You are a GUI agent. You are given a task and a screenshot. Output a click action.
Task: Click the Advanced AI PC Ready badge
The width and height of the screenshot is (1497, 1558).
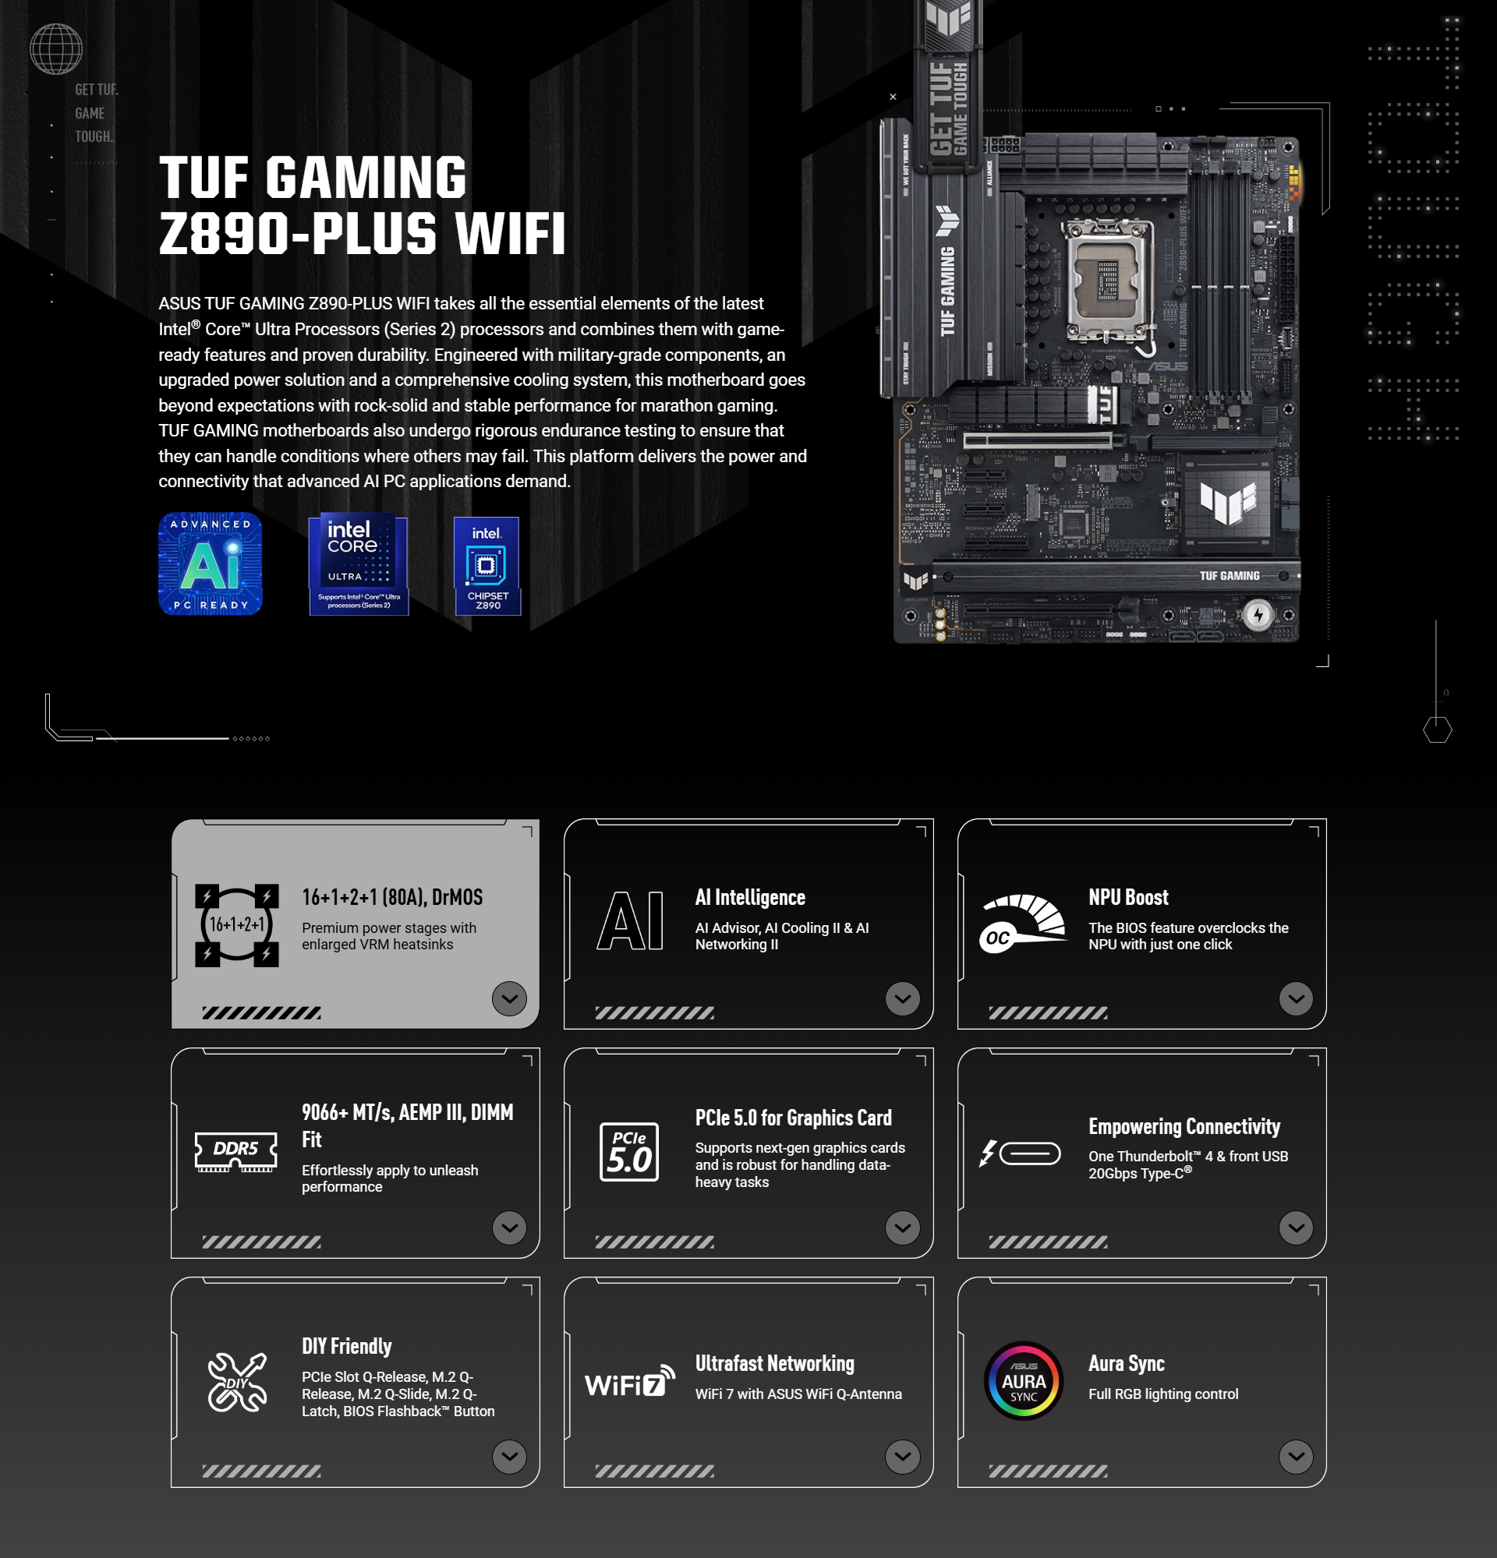210,563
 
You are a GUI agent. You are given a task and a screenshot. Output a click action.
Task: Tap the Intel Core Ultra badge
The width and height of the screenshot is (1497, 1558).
359,564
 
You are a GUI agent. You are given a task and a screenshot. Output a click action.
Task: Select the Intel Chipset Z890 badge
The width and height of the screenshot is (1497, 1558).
487,566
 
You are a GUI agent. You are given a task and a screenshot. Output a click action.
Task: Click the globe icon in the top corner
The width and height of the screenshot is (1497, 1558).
55,49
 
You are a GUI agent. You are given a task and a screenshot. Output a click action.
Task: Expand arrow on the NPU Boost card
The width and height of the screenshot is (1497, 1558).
1295,998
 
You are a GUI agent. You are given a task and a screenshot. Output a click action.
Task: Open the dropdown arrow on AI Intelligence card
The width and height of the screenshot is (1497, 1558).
902,998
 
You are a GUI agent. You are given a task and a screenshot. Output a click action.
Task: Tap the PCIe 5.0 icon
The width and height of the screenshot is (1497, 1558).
629,1152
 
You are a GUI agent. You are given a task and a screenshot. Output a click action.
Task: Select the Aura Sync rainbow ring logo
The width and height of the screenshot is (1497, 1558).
1023,1381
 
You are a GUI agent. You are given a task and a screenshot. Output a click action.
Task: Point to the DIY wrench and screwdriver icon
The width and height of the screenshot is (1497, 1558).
237,1383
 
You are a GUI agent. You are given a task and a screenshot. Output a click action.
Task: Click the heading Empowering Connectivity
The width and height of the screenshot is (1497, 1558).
1184,1126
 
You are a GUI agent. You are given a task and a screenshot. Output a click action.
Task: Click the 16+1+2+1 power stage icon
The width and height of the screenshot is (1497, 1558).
237,924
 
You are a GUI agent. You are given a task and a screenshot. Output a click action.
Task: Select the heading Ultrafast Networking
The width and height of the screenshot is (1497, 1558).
774,1363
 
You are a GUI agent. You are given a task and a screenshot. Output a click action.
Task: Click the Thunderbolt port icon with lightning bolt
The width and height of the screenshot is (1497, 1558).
1020,1153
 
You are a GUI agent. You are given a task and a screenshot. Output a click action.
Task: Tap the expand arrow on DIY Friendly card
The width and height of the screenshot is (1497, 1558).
509,1456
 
